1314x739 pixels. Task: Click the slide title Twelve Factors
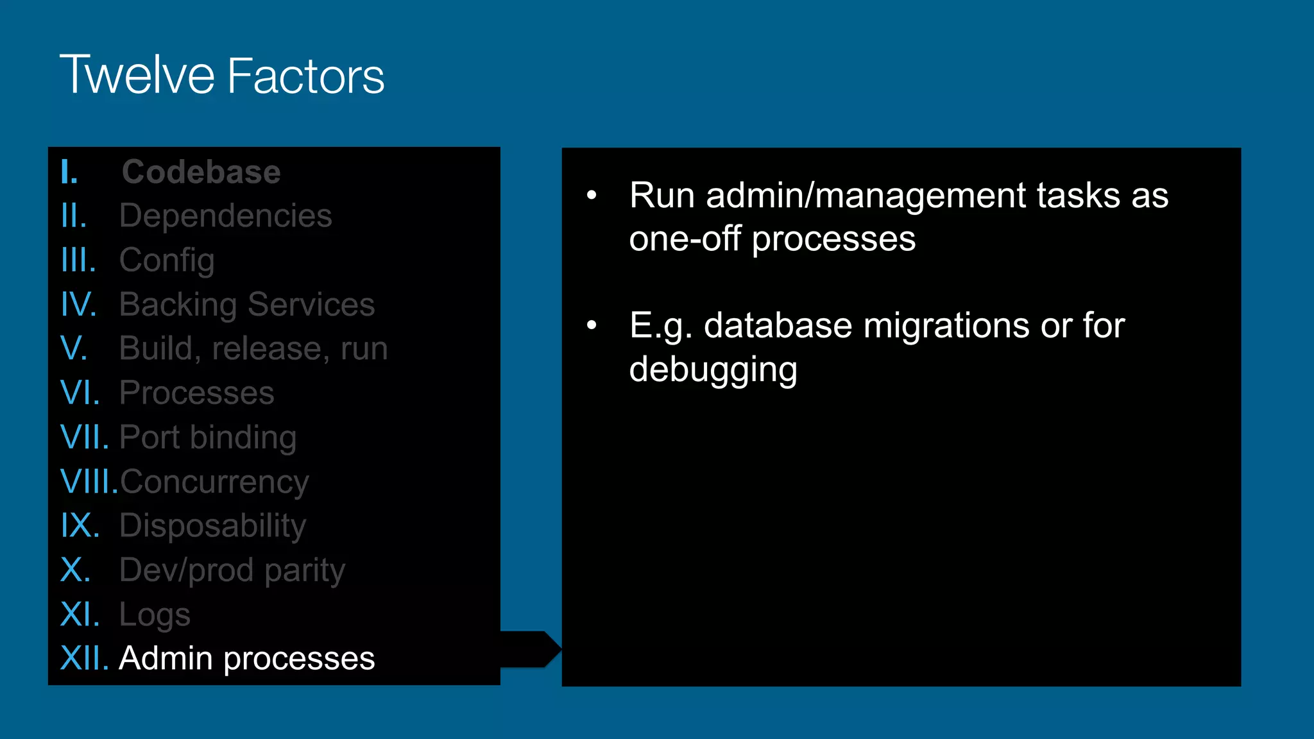click(x=222, y=76)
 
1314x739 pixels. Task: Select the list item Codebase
click(x=201, y=172)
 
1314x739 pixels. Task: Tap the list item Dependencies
click(x=226, y=216)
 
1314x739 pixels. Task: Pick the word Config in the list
click(x=167, y=260)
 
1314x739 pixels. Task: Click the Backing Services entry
click(x=247, y=304)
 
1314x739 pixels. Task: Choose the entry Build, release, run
click(x=253, y=348)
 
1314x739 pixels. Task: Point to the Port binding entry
click(x=208, y=437)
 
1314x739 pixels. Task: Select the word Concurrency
click(x=214, y=482)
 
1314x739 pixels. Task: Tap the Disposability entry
click(x=213, y=526)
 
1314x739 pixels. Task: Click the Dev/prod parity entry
click(x=232, y=570)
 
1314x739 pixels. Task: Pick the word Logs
click(x=155, y=615)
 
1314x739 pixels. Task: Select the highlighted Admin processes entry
click(x=247, y=659)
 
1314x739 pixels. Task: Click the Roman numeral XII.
click(x=84, y=659)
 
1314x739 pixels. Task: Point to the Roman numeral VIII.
click(x=89, y=482)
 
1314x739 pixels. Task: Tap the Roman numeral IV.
click(x=78, y=304)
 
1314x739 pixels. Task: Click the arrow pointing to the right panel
click(x=531, y=649)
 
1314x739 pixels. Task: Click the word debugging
click(x=713, y=369)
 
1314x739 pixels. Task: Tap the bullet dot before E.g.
click(x=592, y=325)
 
